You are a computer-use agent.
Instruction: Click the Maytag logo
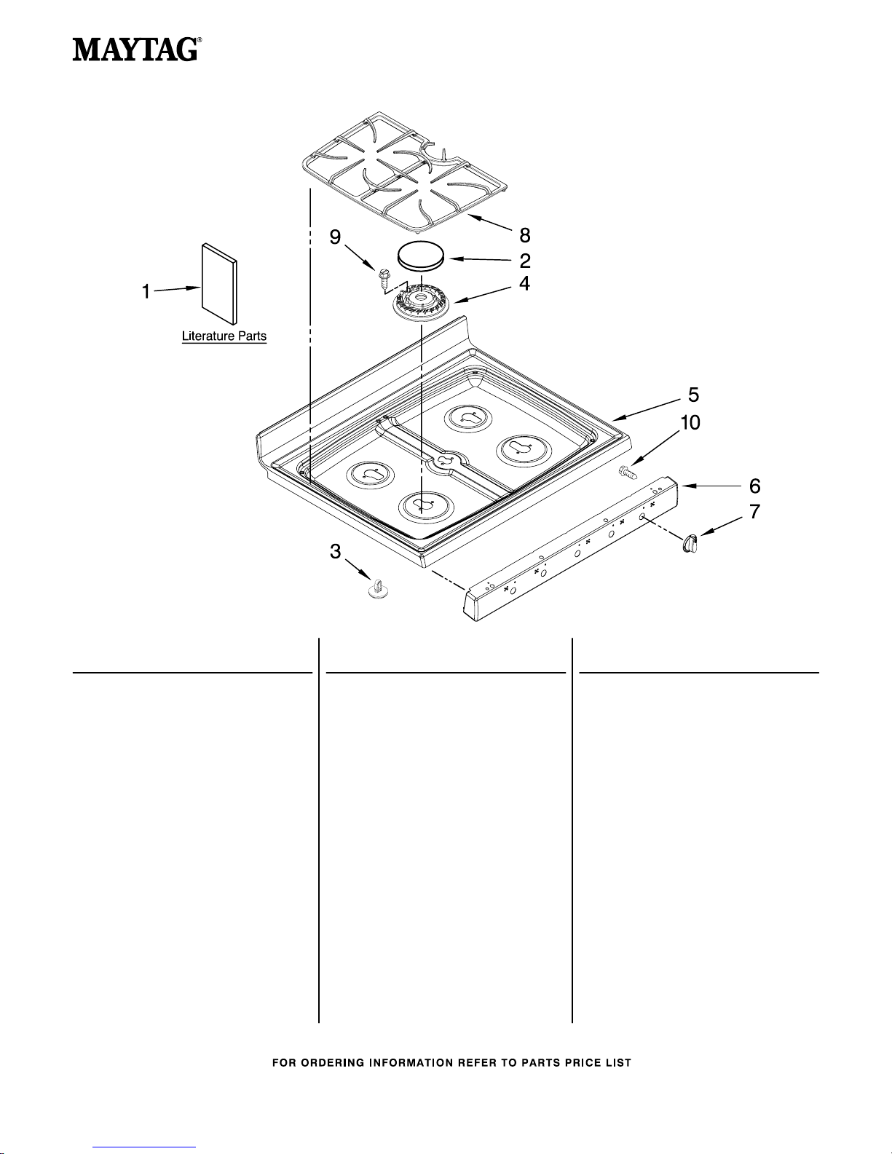click(137, 50)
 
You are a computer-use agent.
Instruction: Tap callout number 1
click(146, 291)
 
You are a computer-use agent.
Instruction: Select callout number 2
click(524, 261)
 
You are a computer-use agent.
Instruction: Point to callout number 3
click(335, 551)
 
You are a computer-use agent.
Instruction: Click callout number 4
click(524, 283)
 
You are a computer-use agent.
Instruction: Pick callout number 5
click(693, 395)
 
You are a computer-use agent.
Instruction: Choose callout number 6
click(754, 486)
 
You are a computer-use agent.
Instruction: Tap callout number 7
click(754, 511)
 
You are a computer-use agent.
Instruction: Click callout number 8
click(524, 234)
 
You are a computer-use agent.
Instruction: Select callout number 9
click(335, 237)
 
